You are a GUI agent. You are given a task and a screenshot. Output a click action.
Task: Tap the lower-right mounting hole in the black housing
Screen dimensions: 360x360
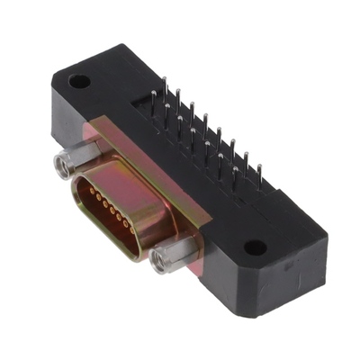coord(256,247)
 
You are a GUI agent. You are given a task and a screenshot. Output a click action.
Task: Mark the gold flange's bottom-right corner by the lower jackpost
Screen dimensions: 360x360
coord(203,270)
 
